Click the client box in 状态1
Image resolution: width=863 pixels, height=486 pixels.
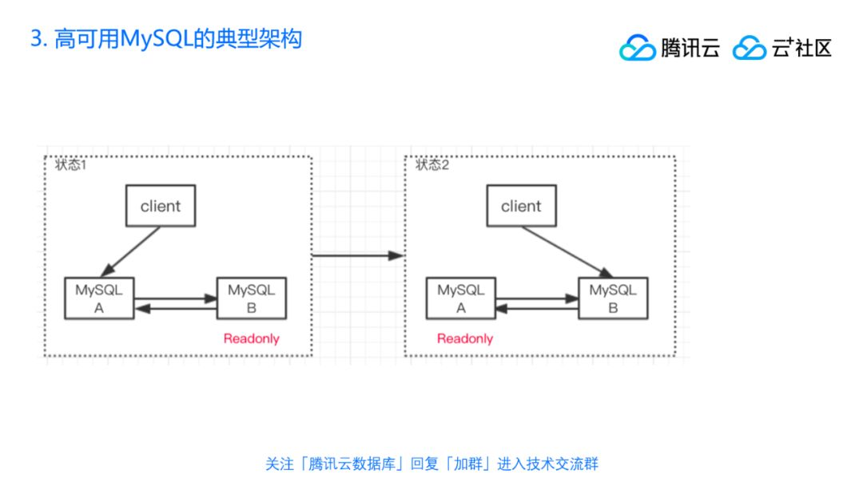point(161,206)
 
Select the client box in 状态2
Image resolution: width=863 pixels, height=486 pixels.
point(521,206)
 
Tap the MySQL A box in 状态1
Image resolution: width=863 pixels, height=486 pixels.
point(99,298)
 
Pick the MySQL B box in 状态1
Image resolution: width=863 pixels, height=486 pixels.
point(252,298)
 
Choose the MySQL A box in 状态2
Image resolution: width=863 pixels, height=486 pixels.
point(461,298)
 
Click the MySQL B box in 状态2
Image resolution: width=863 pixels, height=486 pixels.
point(613,298)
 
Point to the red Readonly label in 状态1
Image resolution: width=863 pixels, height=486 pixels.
point(252,338)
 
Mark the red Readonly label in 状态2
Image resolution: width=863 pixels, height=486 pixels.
point(465,338)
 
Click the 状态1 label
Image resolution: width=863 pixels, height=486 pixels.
point(71,165)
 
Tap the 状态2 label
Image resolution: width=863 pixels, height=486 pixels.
point(432,165)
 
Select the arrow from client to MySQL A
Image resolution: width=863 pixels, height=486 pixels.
point(133,251)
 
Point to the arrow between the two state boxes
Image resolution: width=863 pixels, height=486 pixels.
point(357,255)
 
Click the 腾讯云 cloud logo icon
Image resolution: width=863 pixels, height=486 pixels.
point(637,48)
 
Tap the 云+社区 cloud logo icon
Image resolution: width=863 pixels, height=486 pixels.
point(749,48)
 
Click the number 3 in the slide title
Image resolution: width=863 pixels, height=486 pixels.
point(36,38)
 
